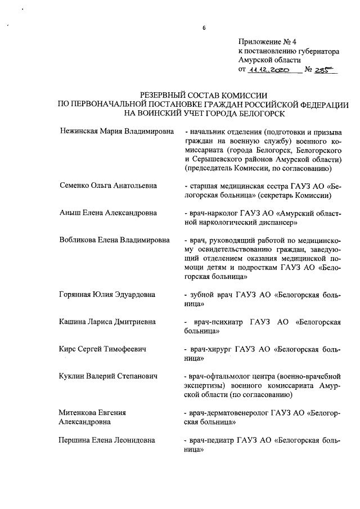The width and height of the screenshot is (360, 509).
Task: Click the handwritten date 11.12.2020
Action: point(268,71)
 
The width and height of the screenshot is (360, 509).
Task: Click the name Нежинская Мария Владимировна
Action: point(114,132)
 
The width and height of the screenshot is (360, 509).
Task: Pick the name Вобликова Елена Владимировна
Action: point(114,240)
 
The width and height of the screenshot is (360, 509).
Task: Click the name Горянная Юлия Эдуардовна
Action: point(107,294)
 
